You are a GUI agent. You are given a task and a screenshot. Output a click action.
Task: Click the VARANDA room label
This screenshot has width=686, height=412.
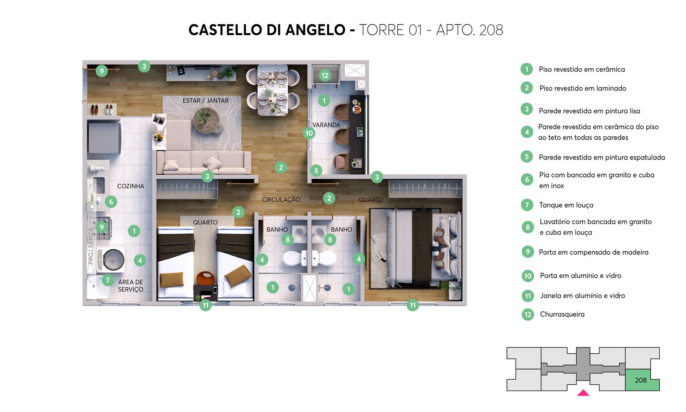click(x=326, y=125)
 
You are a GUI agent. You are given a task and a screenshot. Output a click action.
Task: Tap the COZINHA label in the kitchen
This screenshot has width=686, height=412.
click(x=130, y=186)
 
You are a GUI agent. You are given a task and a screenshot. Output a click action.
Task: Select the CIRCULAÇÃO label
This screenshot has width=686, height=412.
click(x=281, y=200)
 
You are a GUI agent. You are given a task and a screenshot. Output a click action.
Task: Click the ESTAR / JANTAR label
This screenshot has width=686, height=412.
click(x=205, y=101)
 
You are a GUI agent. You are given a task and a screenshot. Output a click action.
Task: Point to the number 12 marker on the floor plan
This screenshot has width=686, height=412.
click(x=325, y=76)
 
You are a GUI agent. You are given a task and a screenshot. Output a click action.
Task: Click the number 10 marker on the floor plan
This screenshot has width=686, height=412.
click(x=309, y=133)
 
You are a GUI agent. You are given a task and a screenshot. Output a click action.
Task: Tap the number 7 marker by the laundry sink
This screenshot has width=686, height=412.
click(x=108, y=280)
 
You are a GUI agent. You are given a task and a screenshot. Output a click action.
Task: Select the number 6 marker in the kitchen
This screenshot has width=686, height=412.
click(x=111, y=202)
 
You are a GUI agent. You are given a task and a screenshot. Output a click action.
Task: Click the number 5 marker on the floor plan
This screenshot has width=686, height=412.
click(x=316, y=171)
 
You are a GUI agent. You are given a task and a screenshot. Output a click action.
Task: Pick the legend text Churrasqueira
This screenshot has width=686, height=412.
click(x=562, y=314)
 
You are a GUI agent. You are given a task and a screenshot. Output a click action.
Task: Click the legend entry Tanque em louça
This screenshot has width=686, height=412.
click(x=566, y=205)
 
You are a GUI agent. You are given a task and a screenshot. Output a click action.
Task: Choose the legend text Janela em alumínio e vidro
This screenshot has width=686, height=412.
click(x=582, y=296)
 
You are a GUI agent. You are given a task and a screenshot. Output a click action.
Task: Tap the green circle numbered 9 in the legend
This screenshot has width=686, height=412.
click(x=527, y=252)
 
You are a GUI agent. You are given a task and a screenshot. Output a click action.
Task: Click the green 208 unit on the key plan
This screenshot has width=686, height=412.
click(x=641, y=380)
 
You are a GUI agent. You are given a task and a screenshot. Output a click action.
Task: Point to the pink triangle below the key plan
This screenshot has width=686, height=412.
click(x=583, y=393)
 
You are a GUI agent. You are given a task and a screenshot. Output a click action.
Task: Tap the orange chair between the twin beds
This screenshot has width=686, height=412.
click(x=206, y=278)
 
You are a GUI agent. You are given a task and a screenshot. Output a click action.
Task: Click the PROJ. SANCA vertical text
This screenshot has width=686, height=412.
click(x=91, y=246)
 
